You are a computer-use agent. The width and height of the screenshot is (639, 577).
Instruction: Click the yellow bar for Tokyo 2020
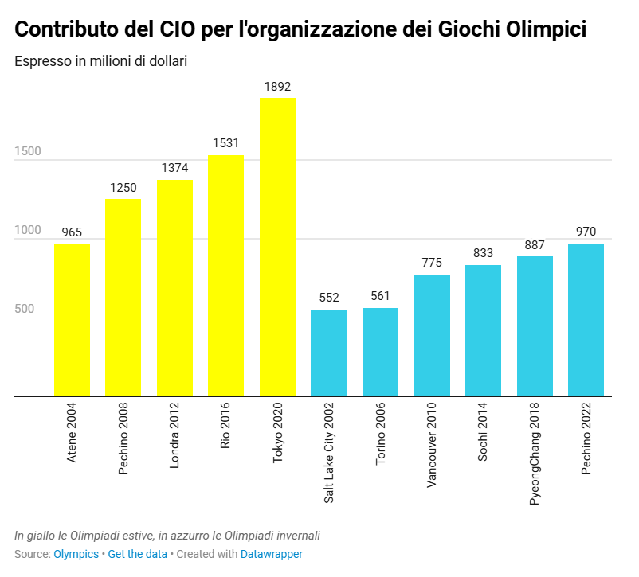[277, 247]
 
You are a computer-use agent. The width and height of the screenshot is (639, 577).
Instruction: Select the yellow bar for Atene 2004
[72, 320]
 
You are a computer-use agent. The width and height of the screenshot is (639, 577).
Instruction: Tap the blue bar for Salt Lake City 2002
[328, 353]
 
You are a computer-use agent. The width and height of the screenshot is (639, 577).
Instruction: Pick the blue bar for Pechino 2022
[586, 320]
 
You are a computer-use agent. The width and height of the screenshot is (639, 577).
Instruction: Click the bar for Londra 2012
[174, 288]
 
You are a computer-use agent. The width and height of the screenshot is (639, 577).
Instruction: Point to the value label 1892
[277, 87]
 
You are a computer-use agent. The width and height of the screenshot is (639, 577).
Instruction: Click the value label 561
[380, 297]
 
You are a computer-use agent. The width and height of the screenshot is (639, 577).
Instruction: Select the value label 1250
[123, 188]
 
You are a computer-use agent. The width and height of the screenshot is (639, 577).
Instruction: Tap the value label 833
[483, 254]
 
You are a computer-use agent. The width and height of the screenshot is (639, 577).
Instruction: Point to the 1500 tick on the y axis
[27, 151]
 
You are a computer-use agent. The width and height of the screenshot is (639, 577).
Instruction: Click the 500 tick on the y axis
[24, 309]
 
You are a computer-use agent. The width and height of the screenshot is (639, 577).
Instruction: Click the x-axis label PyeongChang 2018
[535, 446]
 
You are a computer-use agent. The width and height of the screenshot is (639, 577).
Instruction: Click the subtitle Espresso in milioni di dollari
[100, 61]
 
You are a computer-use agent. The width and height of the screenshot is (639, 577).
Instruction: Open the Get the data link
[138, 554]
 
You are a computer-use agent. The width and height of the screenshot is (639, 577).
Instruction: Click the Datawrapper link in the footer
[272, 554]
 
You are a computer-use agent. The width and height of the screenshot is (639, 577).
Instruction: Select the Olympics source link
[76, 554]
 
